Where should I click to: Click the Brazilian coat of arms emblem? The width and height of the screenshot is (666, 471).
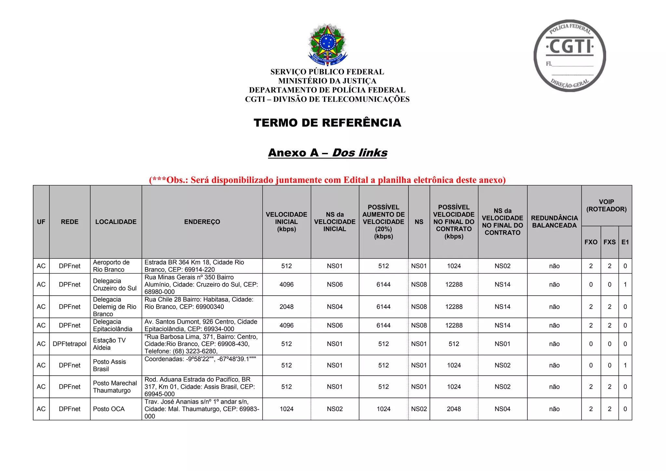(x=327, y=45)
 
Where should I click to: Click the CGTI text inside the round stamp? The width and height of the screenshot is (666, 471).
(x=570, y=47)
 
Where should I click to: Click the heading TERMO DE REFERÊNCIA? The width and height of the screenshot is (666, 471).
(x=327, y=123)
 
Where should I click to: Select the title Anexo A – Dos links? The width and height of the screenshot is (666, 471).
(x=327, y=153)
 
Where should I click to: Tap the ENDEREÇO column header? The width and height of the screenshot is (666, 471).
(x=202, y=222)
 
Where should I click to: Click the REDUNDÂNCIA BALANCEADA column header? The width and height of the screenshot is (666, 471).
(x=554, y=222)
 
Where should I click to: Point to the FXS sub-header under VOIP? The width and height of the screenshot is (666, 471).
(x=609, y=242)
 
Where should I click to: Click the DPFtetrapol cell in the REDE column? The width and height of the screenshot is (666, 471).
(x=70, y=344)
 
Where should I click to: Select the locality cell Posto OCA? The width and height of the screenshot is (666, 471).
(x=109, y=409)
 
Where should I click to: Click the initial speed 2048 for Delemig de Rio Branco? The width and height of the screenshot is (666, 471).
(x=286, y=307)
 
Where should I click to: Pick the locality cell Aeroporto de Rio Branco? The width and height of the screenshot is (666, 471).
(x=111, y=266)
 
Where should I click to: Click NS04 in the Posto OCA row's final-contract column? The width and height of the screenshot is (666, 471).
(x=502, y=409)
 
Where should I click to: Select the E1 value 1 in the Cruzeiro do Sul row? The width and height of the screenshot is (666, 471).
(x=625, y=285)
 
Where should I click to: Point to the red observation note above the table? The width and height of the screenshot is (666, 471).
(x=327, y=180)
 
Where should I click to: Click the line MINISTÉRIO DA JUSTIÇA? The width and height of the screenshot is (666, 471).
(x=327, y=81)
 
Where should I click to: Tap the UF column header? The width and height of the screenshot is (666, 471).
(x=41, y=222)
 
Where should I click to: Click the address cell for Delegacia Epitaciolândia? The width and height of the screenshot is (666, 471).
(x=201, y=325)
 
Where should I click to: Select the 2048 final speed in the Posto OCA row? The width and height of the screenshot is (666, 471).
(x=454, y=409)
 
